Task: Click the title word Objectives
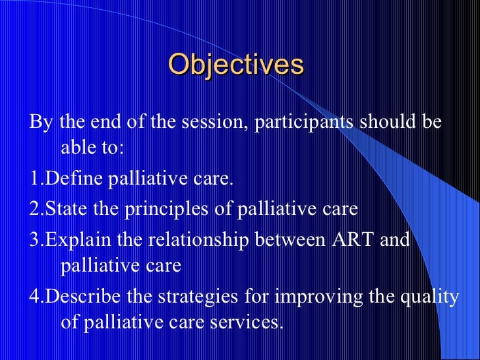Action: pos(236,65)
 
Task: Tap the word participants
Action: pos(303,123)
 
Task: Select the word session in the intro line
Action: pos(214,122)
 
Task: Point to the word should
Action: pos(388,121)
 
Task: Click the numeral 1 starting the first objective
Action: pos(34,178)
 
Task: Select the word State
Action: pos(66,208)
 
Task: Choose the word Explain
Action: pos(78,240)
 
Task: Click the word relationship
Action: pos(198,240)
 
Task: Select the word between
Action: pos(290,239)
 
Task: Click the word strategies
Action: pos(198,297)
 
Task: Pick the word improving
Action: pos(318,297)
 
